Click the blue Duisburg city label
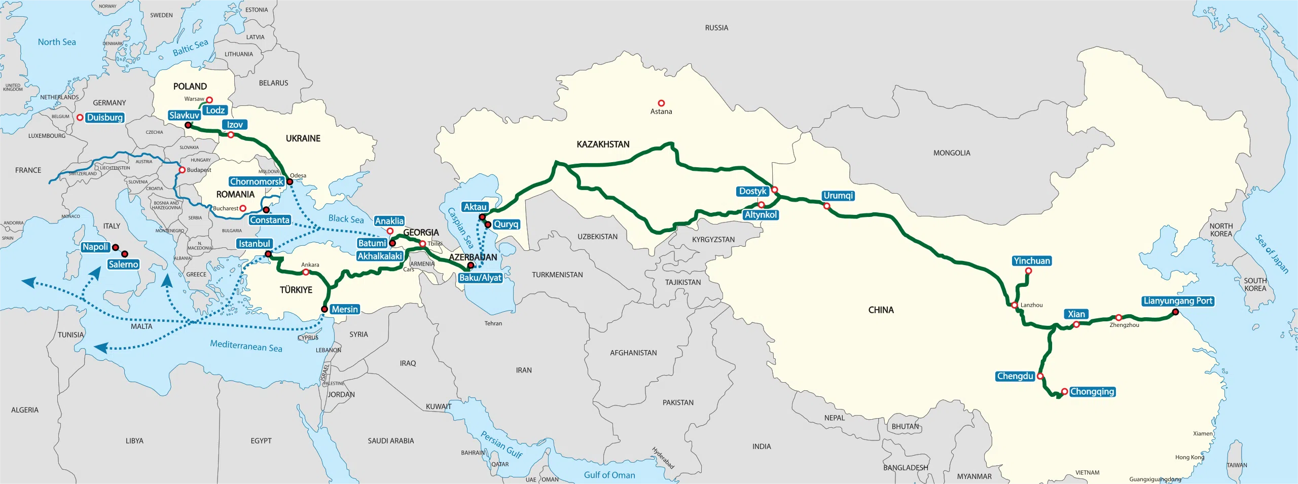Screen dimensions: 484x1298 (105, 118)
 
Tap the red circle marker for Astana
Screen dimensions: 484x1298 (661, 103)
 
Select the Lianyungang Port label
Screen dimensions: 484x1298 (1178, 301)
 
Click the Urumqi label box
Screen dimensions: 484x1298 (838, 196)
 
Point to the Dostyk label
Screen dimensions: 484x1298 (752, 191)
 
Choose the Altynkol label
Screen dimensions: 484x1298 (761, 215)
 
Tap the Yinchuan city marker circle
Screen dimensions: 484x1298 (1028, 271)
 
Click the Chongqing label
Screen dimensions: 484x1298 (1092, 392)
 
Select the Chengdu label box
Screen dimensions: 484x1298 (1015, 376)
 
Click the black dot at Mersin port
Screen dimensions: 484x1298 (324, 309)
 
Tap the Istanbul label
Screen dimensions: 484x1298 (255, 244)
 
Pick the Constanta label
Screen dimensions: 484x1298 (270, 220)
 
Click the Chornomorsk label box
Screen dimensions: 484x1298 (257, 181)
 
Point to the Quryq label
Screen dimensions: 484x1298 (506, 224)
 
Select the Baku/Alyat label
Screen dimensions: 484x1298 (480, 278)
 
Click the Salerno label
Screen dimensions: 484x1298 (123, 265)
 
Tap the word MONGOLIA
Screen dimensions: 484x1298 (952, 153)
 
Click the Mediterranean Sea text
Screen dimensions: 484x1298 (246, 346)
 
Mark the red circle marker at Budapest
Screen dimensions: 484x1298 (182, 170)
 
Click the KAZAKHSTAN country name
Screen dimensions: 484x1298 (603, 144)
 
